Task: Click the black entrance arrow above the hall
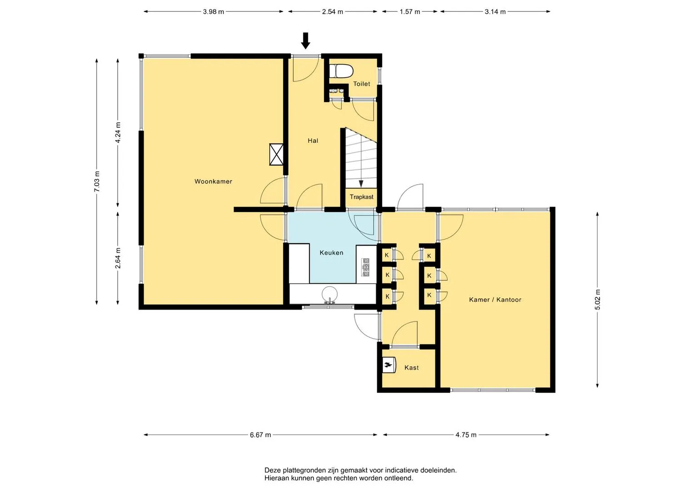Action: (306, 40)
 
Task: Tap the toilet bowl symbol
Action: (341, 71)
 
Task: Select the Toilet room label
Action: (362, 84)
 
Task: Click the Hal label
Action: (313, 141)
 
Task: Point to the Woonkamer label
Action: (213, 182)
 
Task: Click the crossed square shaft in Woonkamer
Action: (276, 155)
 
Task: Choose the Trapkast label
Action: (362, 197)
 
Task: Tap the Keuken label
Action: (331, 253)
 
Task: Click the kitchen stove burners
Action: (366, 267)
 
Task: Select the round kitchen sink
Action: (330, 294)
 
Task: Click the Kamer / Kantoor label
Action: (495, 300)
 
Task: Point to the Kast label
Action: (411, 368)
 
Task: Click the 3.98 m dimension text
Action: (214, 12)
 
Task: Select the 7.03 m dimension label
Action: (97, 181)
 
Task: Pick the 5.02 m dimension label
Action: (598, 300)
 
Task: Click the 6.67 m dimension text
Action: (260, 435)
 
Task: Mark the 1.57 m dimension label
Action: (410, 12)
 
